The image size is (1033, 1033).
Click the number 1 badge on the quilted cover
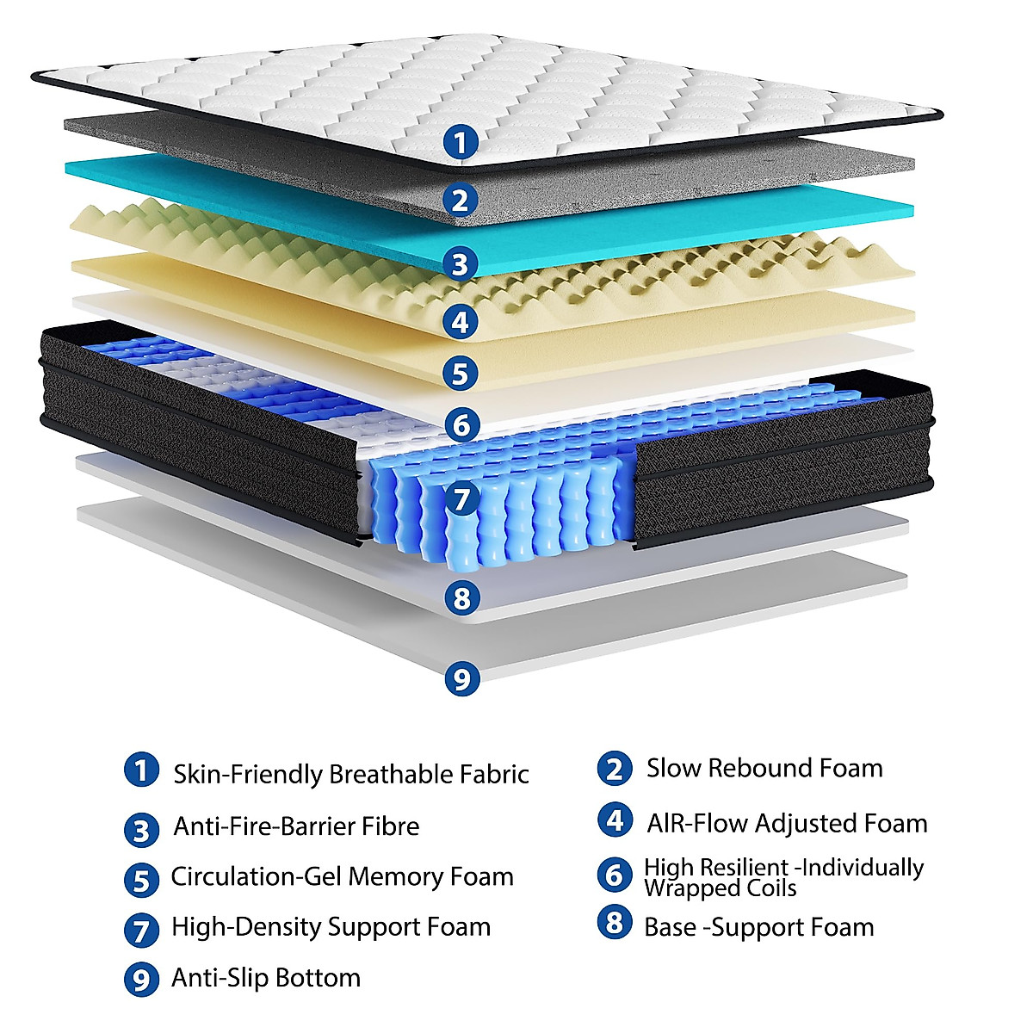(461, 141)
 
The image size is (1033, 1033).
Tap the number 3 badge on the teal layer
(461, 263)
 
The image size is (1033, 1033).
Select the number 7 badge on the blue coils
(462, 498)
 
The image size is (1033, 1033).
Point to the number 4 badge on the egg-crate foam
(461, 322)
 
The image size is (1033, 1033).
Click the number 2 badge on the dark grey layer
(461, 200)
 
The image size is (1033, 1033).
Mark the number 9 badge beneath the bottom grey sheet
(462, 678)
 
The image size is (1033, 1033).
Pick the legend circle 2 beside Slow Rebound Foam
(615, 769)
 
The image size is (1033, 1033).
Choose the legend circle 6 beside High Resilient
(615, 875)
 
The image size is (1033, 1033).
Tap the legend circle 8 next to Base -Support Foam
(615, 924)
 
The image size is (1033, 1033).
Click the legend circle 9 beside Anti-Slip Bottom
(141, 980)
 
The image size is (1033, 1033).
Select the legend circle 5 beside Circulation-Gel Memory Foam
(141, 880)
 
